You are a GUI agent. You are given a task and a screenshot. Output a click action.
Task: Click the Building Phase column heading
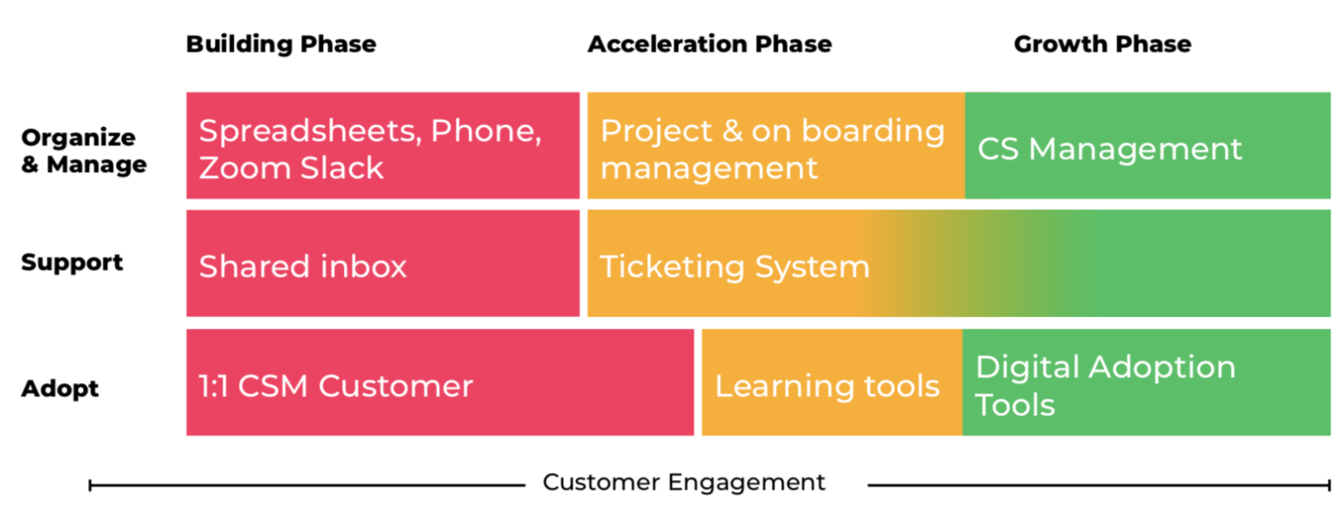click(x=281, y=44)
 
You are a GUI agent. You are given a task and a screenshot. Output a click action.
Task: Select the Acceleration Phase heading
click(x=709, y=44)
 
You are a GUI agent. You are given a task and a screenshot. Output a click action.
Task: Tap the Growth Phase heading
click(x=1102, y=44)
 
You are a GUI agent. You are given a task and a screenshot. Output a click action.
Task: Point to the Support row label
click(x=72, y=263)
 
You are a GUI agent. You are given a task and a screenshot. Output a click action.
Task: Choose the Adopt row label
click(x=59, y=388)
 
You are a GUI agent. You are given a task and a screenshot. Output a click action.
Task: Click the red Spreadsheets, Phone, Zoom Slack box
click(x=382, y=147)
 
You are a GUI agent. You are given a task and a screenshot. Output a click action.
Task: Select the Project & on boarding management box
click(x=774, y=147)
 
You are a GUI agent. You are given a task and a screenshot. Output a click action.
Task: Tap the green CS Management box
click(x=1147, y=147)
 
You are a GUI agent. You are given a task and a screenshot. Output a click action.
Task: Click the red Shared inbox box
click(x=382, y=264)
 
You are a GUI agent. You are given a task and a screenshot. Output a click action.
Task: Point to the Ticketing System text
click(x=734, y=266)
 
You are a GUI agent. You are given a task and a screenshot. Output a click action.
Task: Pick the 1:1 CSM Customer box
click(x=439, y=382)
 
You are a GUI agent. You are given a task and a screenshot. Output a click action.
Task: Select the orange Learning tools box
click(x=830, y=383)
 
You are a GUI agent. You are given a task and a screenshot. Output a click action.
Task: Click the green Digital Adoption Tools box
click(x=1146, y=383)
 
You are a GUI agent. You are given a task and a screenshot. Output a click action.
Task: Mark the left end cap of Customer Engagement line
click(x=91, y=484)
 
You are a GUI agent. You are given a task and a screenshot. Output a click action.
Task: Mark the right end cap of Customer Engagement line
click(x=1329, y=484)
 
